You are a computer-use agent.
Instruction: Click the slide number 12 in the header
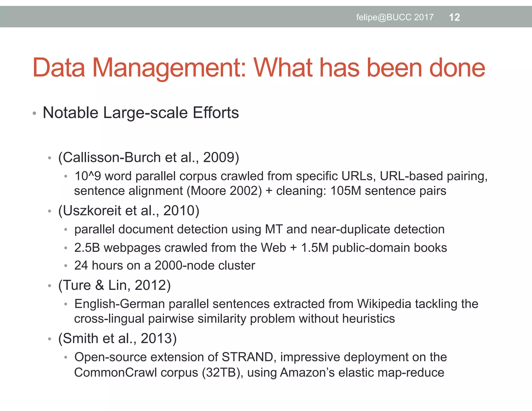[x=454, y=17]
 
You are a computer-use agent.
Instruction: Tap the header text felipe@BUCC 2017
[x=395, y=17]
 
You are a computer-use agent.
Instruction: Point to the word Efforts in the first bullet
[x=216, y=113]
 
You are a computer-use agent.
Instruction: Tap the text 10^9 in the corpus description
[x=88, y=176]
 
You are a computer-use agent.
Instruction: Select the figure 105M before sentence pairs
[x=346, y=191]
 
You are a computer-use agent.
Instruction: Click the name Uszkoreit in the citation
[x=92, y=210]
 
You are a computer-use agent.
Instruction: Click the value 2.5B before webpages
[x=87, y=248]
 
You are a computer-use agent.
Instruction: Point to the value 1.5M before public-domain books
[x=315, y=248]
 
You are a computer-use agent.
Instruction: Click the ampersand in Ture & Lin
[x=99, y=285]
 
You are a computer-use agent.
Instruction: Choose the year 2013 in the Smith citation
[x=156, y=339]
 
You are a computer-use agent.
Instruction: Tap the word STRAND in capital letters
[x=247, y=357]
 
